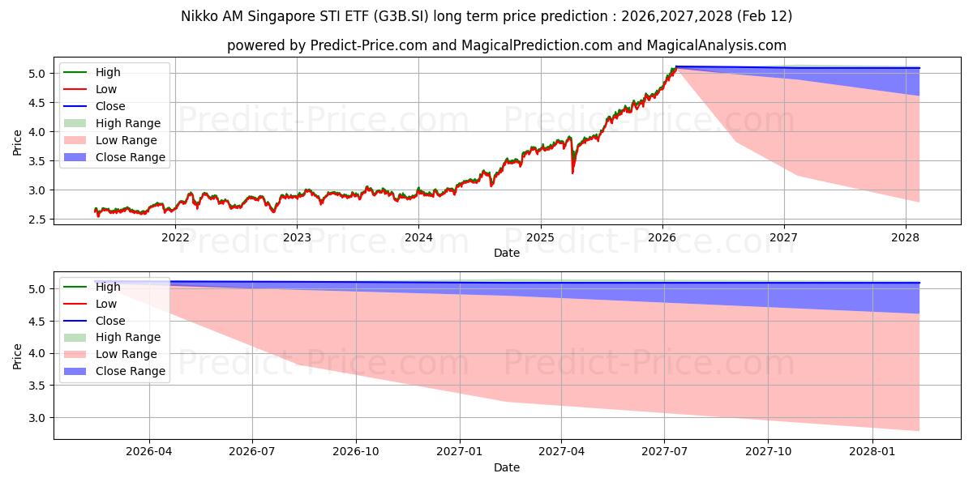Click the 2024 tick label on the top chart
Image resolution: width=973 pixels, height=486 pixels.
click(418, 237)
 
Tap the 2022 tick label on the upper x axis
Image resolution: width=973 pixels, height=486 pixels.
click(175, 237)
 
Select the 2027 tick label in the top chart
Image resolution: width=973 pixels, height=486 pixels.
click(784, 237)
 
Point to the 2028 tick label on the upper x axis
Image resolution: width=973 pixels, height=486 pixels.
click(906, 237)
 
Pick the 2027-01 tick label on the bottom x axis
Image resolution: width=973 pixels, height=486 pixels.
click(460, 452)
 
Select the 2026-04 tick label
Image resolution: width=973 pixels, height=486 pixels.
click(149, 452)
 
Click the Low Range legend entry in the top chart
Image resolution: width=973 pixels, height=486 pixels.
click(126, 140)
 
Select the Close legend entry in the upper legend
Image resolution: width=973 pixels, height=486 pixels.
click(110, 106)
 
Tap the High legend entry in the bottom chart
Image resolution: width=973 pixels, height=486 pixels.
click(108, 287)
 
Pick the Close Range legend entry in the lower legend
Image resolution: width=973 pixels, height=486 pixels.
click(130, 371)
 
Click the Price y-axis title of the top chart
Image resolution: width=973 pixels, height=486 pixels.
click(18, 143)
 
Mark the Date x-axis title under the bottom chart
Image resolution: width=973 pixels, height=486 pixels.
click(507, 467)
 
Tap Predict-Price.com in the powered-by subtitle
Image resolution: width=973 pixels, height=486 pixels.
click(369, 45)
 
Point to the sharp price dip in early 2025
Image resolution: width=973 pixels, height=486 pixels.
click(572, 171)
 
